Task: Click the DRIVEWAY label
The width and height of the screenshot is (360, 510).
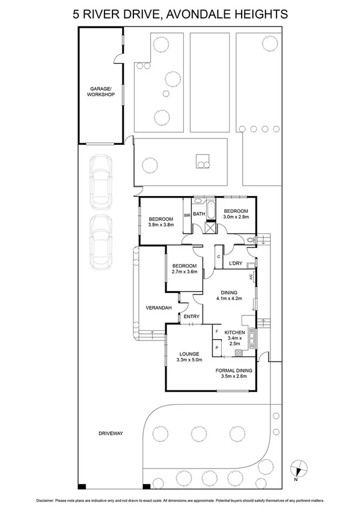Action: coord(112,432)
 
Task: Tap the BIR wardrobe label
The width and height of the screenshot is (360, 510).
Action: coord(187,215)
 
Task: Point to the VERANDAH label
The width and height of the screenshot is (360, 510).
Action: coord(159,308)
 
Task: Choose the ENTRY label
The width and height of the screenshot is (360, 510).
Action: coord(191,316)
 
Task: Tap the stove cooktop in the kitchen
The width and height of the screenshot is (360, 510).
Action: coord(239,352)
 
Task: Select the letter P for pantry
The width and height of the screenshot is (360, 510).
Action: coord(216,348)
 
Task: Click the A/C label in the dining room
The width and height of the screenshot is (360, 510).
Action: coord(251,277)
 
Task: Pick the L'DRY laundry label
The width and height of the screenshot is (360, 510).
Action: coord(236,263)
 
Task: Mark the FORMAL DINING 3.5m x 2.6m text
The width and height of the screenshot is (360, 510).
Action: coord(234,374)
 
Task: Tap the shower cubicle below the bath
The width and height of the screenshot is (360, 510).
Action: coord(209,228)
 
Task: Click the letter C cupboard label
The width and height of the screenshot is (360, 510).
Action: coord(218,256)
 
